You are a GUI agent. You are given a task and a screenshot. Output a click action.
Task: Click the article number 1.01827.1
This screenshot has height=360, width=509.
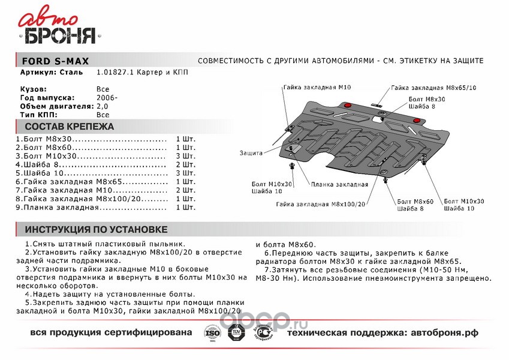coord(115,73)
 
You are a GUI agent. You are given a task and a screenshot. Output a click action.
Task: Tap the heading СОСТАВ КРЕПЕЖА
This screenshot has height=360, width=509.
coord(69,127)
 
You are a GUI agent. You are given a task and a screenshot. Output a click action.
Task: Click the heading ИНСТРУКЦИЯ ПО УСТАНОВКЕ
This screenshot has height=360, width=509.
coord(96,230)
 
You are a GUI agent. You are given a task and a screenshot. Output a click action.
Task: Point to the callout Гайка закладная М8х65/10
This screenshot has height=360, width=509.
coord(433,88)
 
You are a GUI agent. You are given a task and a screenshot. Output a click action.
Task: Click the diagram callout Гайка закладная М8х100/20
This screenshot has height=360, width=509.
coord(320,204)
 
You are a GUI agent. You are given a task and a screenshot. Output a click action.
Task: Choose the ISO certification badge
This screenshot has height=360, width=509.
coord(212,332)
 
